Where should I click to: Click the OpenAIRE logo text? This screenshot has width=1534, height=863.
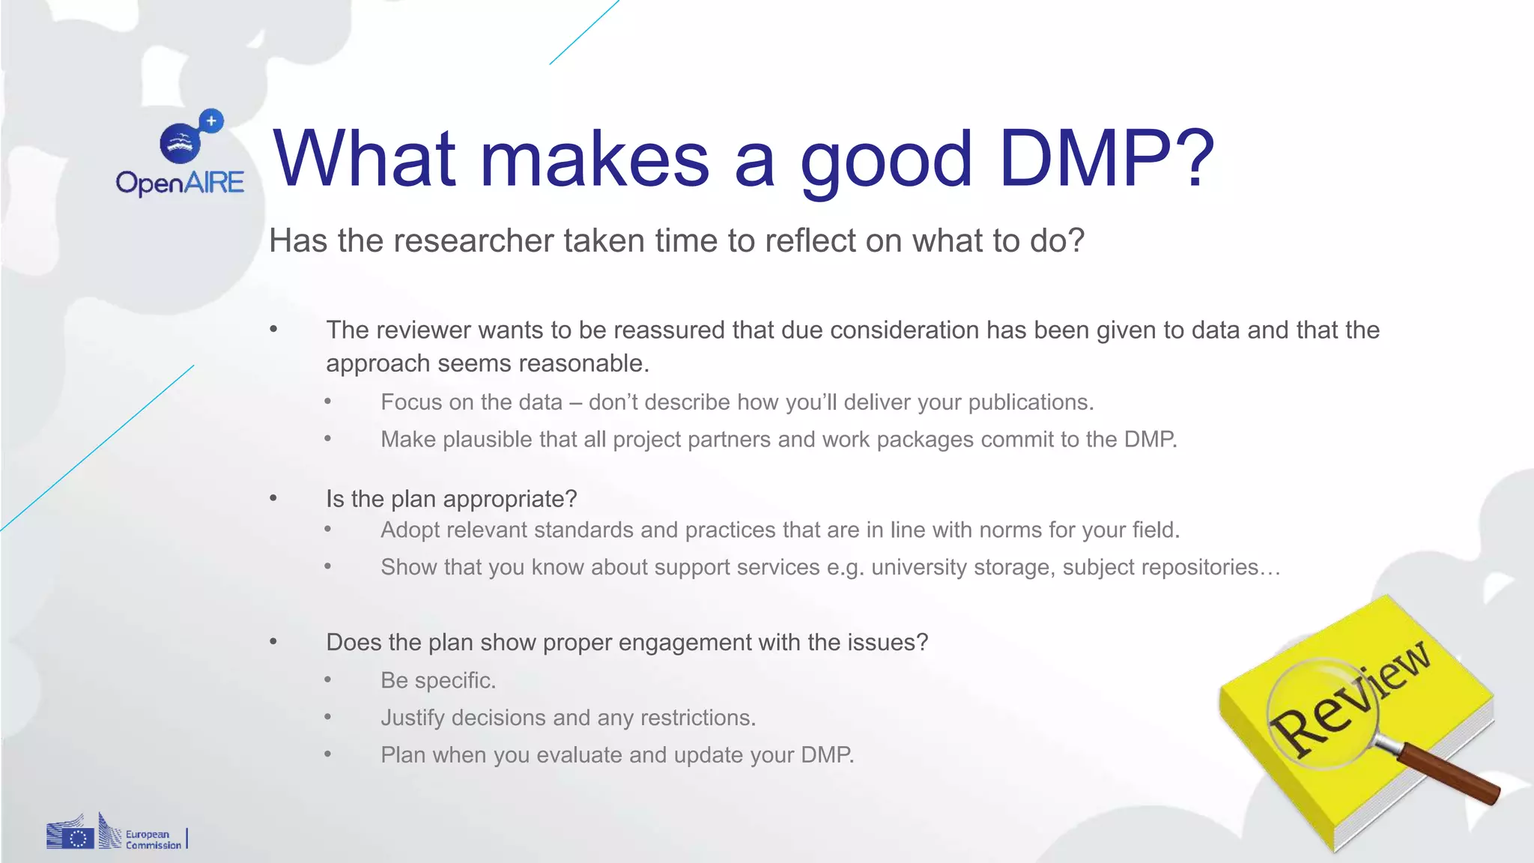click(x=180, y=183)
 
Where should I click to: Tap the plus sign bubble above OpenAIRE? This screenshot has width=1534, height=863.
click(x=211, y=121)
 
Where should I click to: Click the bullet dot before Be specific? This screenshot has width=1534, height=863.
click(x=327, y=680)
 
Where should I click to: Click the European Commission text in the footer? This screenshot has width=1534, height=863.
click(x=153, y=839)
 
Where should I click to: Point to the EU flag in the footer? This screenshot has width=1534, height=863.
click(x=77, y=838)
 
